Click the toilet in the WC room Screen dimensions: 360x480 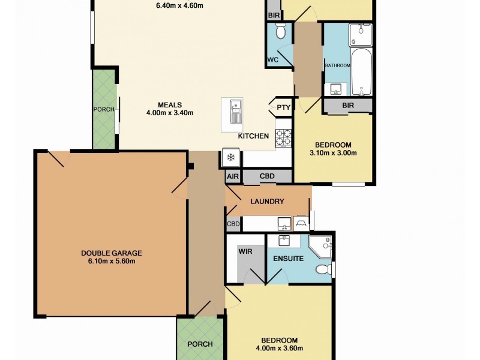point(280,31)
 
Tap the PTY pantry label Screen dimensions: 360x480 point(283,108)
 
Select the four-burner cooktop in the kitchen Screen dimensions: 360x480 point(283,139)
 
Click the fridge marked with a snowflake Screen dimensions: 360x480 point(230,157)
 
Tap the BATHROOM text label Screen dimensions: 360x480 point(337,65)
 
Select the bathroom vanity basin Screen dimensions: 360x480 point(334,89)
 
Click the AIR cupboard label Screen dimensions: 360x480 point(233,177)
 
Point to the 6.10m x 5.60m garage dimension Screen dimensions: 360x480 point(112,261)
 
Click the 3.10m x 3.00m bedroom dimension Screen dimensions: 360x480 point(332,152)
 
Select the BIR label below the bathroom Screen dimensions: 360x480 point(347,105)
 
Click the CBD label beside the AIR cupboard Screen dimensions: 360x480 point(267,177)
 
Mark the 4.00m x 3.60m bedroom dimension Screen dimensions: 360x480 point(278,347)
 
